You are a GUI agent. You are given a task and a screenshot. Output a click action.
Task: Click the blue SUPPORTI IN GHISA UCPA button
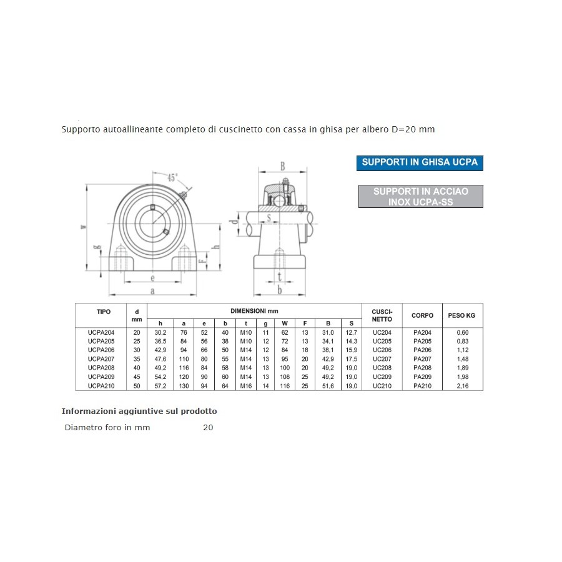pyautogui.click(x=420, y=162)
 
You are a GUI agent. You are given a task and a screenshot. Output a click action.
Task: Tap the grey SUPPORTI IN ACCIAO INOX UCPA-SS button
pyautogui.click(x=420, y=197)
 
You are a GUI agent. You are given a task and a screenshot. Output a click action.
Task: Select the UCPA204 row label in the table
pyautogui.click(x=102, y=333)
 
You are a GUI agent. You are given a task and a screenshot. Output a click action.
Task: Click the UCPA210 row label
pyautogui.click(x=102, y=386)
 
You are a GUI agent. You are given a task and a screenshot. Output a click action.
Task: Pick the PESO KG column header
pyautogui.click(x=462, y=315)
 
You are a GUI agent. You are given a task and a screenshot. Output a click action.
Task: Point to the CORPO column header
pyautogui.click(x=423, y=315)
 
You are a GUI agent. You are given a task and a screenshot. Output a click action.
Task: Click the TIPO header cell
pyautogui.click(x=104, y=311)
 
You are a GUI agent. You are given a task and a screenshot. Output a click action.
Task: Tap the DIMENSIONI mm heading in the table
pyautogui.click(x=254, y=310)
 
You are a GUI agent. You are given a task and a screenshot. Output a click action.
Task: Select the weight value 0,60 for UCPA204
pyautogui.click(x=462, y=333)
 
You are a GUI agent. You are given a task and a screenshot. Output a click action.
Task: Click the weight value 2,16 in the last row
pyautogui.click(x=462, y=386)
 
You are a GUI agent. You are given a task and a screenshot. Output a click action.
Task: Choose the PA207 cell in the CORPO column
pyautogui.click(x=423, y=359)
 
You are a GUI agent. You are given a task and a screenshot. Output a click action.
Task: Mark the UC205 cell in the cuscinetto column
pyautogui.click(x=382, y=342)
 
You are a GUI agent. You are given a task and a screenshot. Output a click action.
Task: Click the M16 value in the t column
pyautogui.click(x=246, y=386)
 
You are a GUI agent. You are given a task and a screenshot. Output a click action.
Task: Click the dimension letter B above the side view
pyautogui.click(x=282, y=167)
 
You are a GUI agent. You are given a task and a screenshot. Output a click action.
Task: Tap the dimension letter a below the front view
pyautogui.click(x=152, y=290)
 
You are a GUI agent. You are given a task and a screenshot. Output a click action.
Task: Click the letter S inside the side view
pyautogui.click(x=269, y=217)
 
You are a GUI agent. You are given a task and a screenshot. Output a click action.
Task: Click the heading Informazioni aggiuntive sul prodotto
pyautogui.click(x=139, y=412)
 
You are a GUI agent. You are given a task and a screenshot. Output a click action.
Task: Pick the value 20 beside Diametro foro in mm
pyautogui.click(x=208, y=428)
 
